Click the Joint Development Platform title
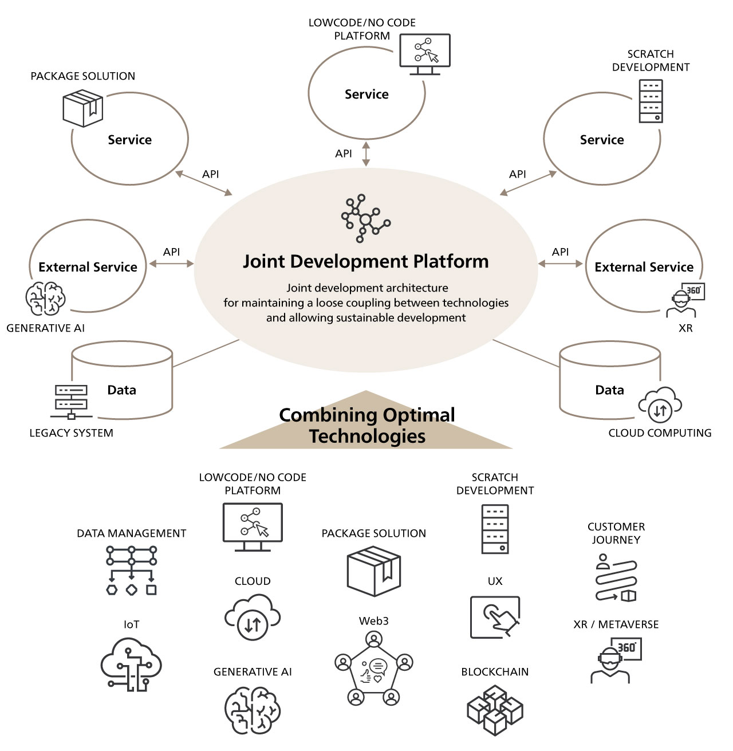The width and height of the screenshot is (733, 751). pyautogui.click(x=366, y=262)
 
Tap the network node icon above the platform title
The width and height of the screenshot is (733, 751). pyautogui.click(x=365, y=219)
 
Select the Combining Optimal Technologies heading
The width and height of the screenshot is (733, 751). pyautogui.click(x=366, y=425)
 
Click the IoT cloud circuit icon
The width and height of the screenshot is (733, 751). pyautogui.click(x=131, y=664)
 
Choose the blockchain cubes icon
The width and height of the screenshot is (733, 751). pyautogui.click(x=495, y=710)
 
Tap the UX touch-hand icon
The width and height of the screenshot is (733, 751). pyautogui.click(x=495, y=617)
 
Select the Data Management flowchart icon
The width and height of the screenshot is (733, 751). pyautogui.click(x=131, y=571)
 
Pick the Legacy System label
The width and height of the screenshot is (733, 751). pyautogui.click(x=72, y=433)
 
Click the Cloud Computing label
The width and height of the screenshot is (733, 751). pyautogui.click(x=660, y=433)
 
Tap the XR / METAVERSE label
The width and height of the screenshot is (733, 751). pyautogui.click(x=616, y=624)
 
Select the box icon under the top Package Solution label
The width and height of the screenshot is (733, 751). pyautogui.click(x=83, y=109)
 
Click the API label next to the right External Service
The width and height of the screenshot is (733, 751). pyautogui.click(x=560, y=252)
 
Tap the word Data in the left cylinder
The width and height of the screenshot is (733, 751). pyautogui.click(x=122, y=390)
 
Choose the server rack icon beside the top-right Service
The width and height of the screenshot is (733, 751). pyautogui.click(x=651, y=101)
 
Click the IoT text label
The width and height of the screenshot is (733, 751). pyautogui.click(x=131, y=624)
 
